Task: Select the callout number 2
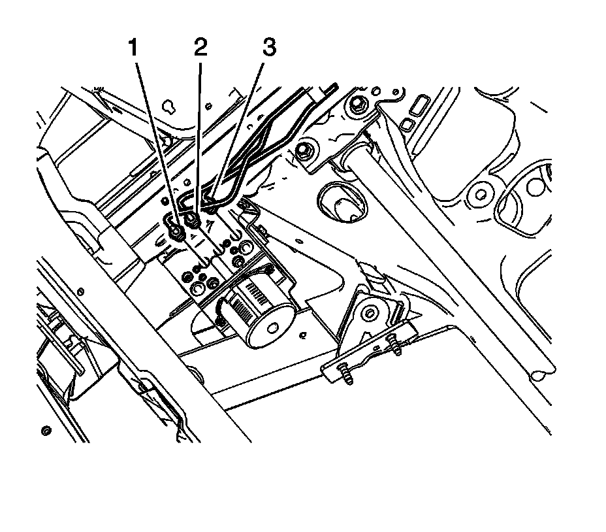(200, 49)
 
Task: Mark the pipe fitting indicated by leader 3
(211, 208)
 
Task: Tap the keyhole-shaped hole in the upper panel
(171, 105)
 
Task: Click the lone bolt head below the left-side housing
(45, 431)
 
